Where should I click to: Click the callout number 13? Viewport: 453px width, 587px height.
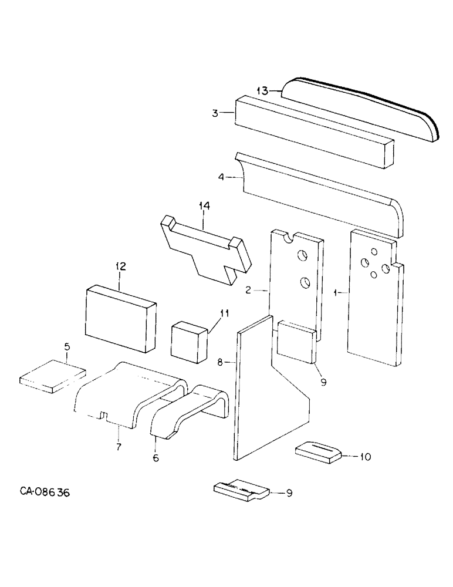pyautogui.click(x=262, y=90)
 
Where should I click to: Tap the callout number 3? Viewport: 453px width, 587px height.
pyautogui.click(x=215, y=114)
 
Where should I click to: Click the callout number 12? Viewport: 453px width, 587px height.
pyautogui.click(x=120, y=266)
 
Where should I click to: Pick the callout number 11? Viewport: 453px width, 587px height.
pyautogui.click(x=224, y=314)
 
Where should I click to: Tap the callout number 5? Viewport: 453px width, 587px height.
pyautogui.click(x=67, y=348)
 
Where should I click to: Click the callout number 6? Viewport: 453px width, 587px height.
pyautogui.click(x=155, y=458)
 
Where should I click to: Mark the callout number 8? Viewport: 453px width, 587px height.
pyautogui.click(x=220, y=363)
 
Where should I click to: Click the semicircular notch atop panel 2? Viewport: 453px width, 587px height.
pyautogui.click(x=288, y=237)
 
